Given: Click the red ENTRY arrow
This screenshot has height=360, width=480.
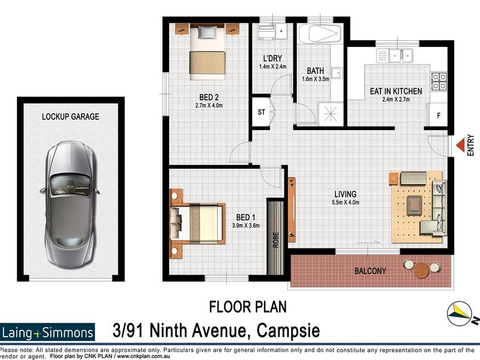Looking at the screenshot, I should click(460, 145).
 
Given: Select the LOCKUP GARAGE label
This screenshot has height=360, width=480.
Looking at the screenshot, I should click(70, 116).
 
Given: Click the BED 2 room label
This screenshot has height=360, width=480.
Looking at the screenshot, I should click(209, 96).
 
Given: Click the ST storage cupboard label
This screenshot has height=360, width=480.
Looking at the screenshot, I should click(262, 112).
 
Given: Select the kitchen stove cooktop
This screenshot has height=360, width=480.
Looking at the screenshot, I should click(438, 77).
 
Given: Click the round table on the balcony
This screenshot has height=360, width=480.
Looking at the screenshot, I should click(422, 269).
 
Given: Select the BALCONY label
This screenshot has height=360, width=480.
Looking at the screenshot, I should click(370, 271).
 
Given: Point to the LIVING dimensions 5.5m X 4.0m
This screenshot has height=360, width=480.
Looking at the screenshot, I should click(346, 202).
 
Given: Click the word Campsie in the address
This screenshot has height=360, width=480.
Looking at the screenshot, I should click(288, 330).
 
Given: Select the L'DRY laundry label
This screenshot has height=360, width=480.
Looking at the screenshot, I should click(273, 58).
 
